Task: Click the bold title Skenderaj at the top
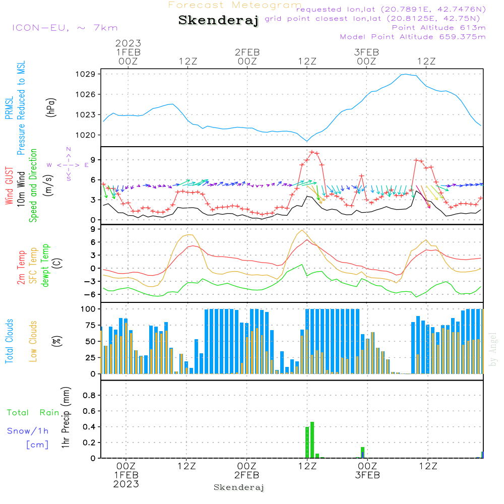click(x=218, y=21)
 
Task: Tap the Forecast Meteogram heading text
click(x=235, y=5)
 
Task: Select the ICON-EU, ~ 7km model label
click(x=65, y=28)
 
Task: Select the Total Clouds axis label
click(x=9, y=341)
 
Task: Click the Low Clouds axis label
click(x=33, y=341)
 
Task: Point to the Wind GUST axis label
click(x=9, y=187)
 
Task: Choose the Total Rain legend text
click(x=33, y=413)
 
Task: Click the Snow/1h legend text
click(x=28, y=431)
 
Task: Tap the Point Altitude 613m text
click(x=438, y=27)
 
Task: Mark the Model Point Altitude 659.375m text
click(x=413, y=37)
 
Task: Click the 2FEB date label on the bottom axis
click(x=247, y=475)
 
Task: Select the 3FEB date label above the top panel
click(x=366, y=52)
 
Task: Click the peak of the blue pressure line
click(x=404, y=75)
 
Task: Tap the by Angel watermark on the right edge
click(x=493, y=349)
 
